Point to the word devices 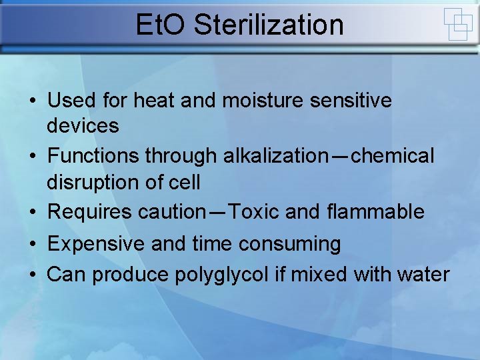[x=83, y=125]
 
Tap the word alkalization [x=271, y=156]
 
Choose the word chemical [x=393, y=156]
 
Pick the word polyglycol [x=222, y=274]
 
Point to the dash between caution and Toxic [x=218, y=213]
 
